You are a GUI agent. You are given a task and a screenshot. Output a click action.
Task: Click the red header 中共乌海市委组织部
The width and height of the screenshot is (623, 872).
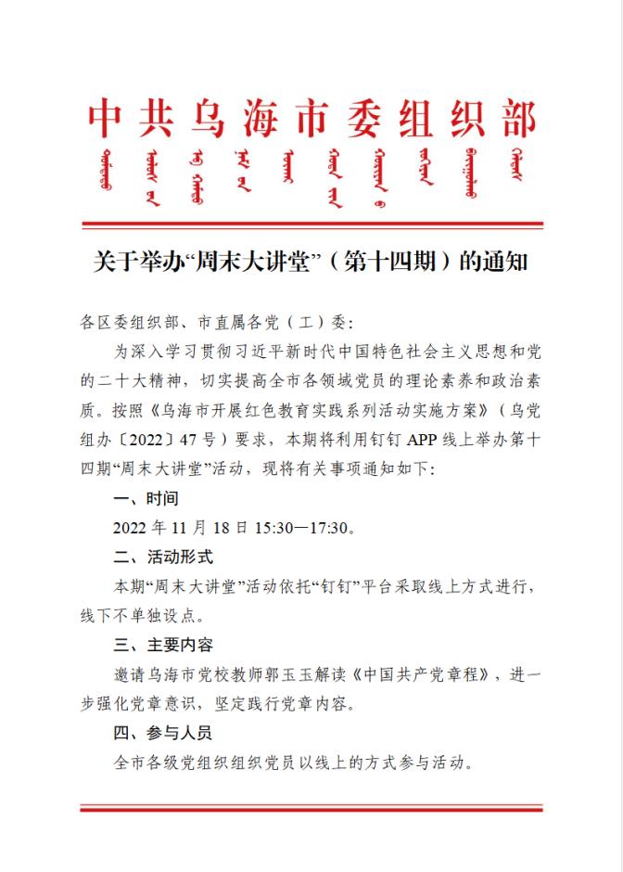point(311,120)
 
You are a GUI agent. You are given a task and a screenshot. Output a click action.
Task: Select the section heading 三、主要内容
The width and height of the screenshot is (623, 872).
point(162,645)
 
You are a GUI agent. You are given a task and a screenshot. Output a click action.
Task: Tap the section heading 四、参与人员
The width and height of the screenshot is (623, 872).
point(162,733)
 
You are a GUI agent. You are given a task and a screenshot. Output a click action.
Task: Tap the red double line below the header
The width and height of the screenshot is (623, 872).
point(311,224)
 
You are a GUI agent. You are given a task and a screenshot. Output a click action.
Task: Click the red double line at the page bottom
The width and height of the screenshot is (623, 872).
point(311,808)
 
